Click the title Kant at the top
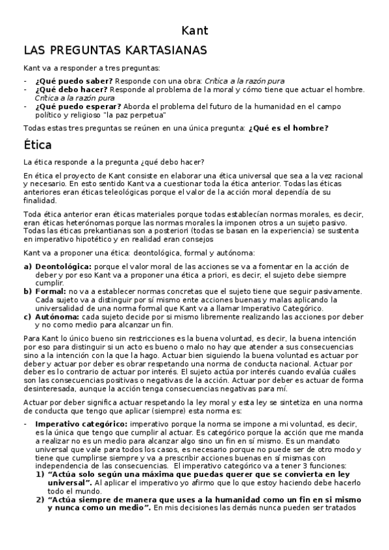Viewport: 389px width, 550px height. click(194, 30)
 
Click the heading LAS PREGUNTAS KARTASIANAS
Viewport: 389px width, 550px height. click(115, 50)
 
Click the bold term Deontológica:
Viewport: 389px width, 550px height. click(63, 267)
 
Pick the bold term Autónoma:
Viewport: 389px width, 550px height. click(57, 317)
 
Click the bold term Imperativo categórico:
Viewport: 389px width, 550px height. click(81, 424)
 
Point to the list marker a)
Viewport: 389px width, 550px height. click(27, 267)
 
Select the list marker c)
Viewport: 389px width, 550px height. click(27, 317)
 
